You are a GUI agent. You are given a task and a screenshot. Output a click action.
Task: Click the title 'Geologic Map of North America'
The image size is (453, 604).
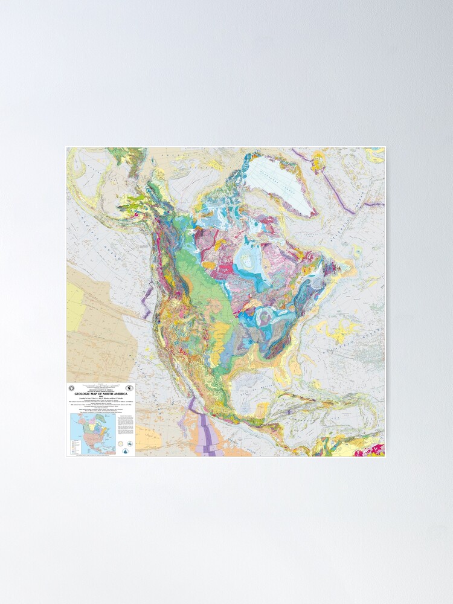100,394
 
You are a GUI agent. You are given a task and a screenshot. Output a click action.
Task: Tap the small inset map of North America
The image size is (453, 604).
92,434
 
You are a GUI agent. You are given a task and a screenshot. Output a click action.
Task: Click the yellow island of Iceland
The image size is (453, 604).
318,160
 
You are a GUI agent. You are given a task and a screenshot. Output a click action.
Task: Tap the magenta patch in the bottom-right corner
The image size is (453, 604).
376,450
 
